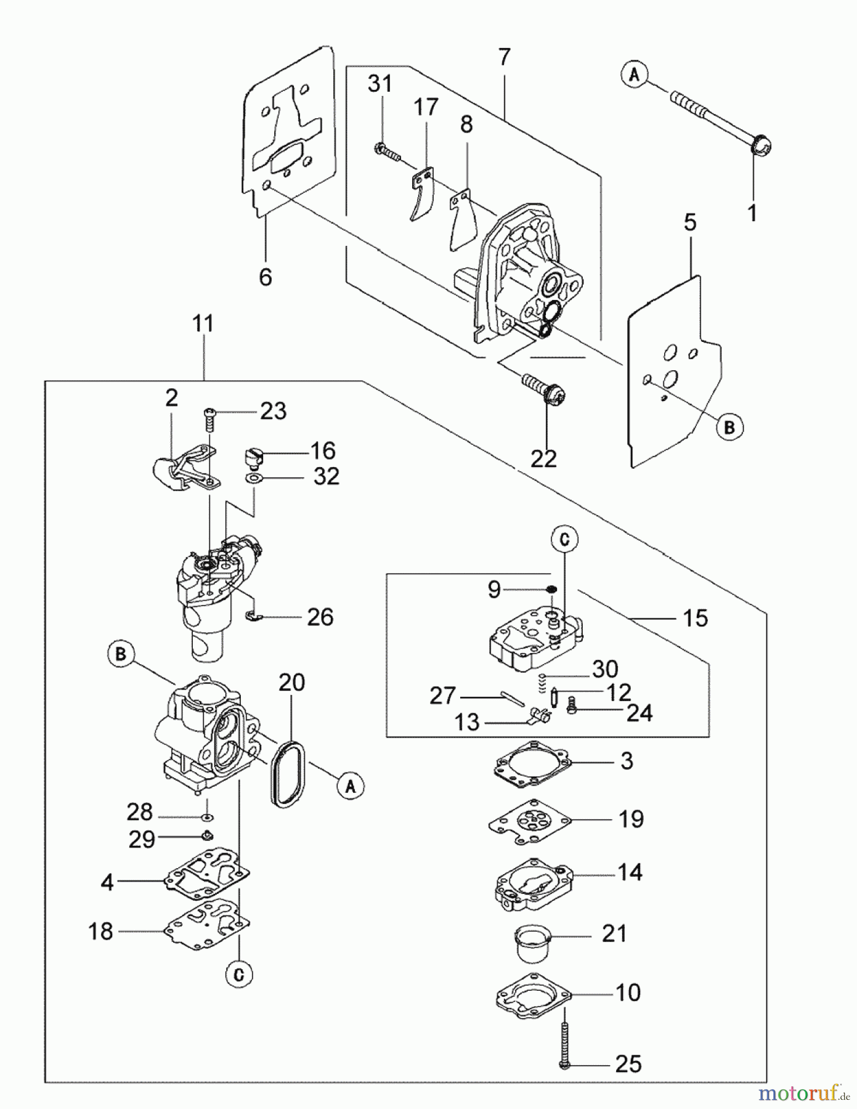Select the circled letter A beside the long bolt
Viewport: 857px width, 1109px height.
click(x=635, y=75)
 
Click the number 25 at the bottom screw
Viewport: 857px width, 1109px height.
click(x=628, y=1064)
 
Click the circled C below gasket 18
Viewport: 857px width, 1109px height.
click(x=240, y=974)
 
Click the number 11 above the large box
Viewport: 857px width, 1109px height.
click(x=203, y=323)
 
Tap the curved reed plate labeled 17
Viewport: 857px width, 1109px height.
click(x=422, y=196)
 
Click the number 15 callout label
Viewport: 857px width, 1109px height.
click(x=696, y=618)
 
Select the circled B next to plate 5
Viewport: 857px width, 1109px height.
click(x=729, y=427)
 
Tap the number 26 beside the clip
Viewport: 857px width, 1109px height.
click(x=320, y=617)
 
